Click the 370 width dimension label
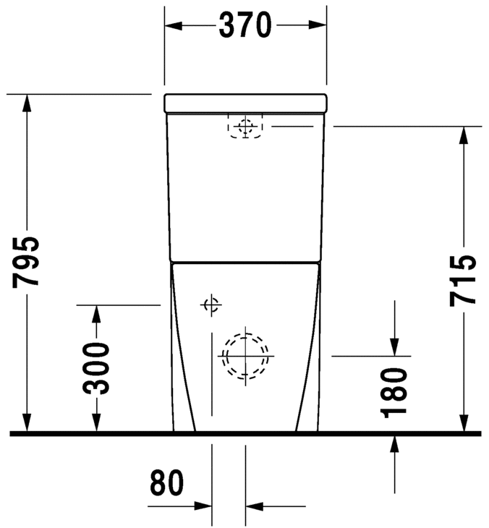245,26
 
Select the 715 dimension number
463,280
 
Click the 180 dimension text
395,393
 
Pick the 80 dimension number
167,485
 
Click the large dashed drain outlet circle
245,355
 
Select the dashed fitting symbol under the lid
246,127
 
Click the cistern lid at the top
245,103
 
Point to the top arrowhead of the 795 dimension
27,103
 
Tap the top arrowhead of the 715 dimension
463,135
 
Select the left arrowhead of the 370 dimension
173,25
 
